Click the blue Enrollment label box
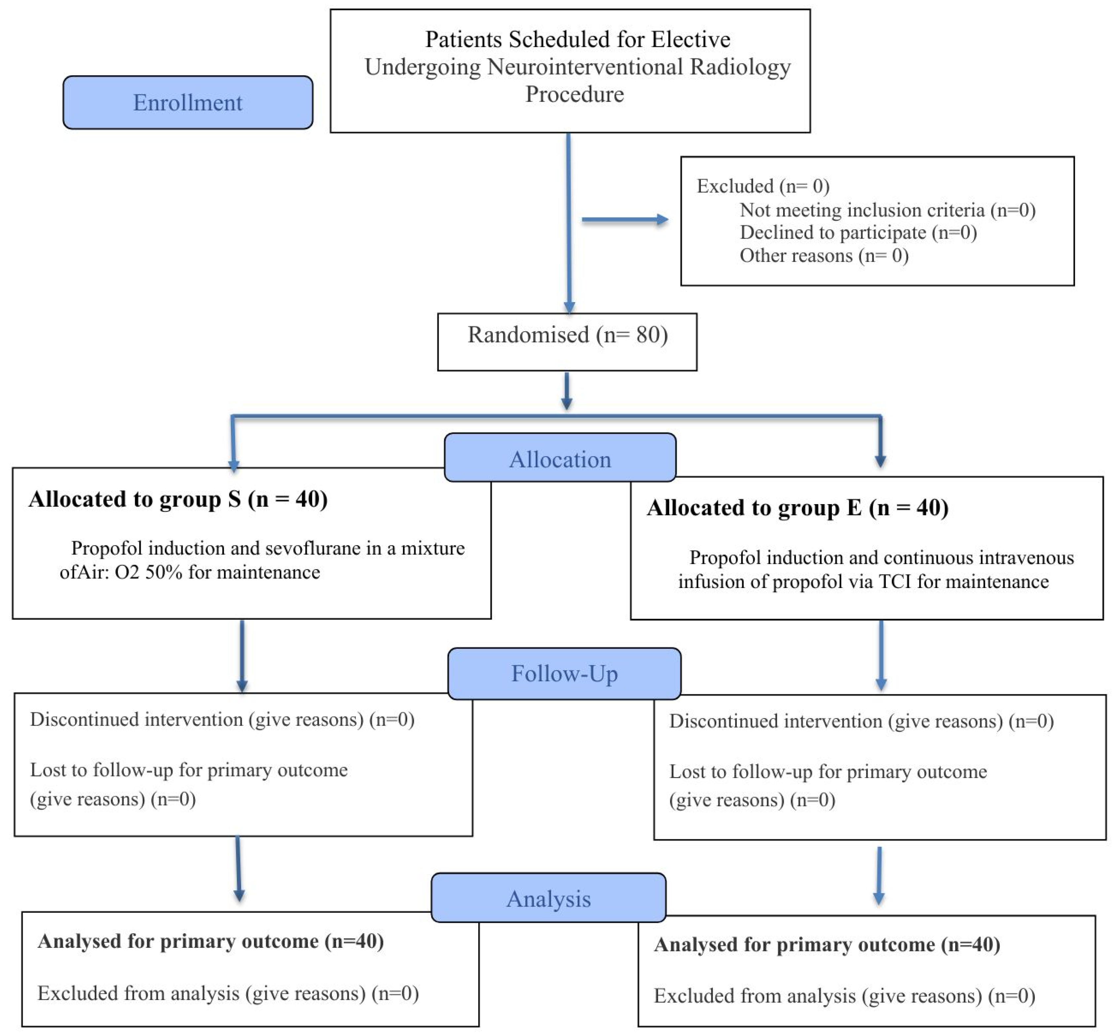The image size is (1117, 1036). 188,103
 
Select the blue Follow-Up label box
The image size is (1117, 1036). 564,673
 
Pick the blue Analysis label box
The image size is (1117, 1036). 548,899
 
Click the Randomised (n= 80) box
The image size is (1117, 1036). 567,341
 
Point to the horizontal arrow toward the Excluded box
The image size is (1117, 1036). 624,220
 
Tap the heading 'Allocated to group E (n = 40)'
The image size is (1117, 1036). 797,507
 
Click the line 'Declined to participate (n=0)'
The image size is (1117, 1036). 858,232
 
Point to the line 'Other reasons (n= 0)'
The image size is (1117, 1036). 824,256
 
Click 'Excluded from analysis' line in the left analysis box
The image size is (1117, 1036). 228,993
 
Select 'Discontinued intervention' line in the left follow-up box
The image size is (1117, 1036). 222,719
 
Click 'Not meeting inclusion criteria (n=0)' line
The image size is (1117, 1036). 887,210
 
